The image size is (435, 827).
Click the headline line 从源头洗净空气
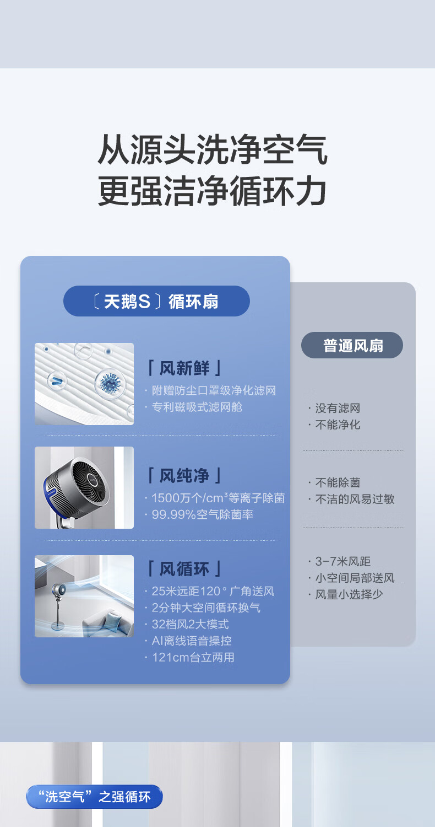pyautogui.click(x=213, y=149)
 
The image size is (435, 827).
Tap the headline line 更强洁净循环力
pyautogui.click(x=212, y=191)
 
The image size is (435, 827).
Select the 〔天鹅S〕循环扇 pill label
pyautogui.click(x=157, y=301)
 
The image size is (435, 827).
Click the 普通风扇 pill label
pyautogui.click(x=352, y=345)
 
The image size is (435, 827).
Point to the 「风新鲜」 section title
pyautogui.click(x=184, y=368)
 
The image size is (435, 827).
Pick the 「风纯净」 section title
pyautogui.click(x=184, y=475)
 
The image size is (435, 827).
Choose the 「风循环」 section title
pyautogui.click(x=184, y=569)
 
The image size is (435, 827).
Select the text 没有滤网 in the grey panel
pyautogui.click(x=338, y=408)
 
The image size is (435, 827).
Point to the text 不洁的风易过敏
pyautogui.click(x=355, y=499)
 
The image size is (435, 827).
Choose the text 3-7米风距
pyautogui.click(x=343, y=561)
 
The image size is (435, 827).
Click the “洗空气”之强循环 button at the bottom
pyautogui.click(x=94, y=796)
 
